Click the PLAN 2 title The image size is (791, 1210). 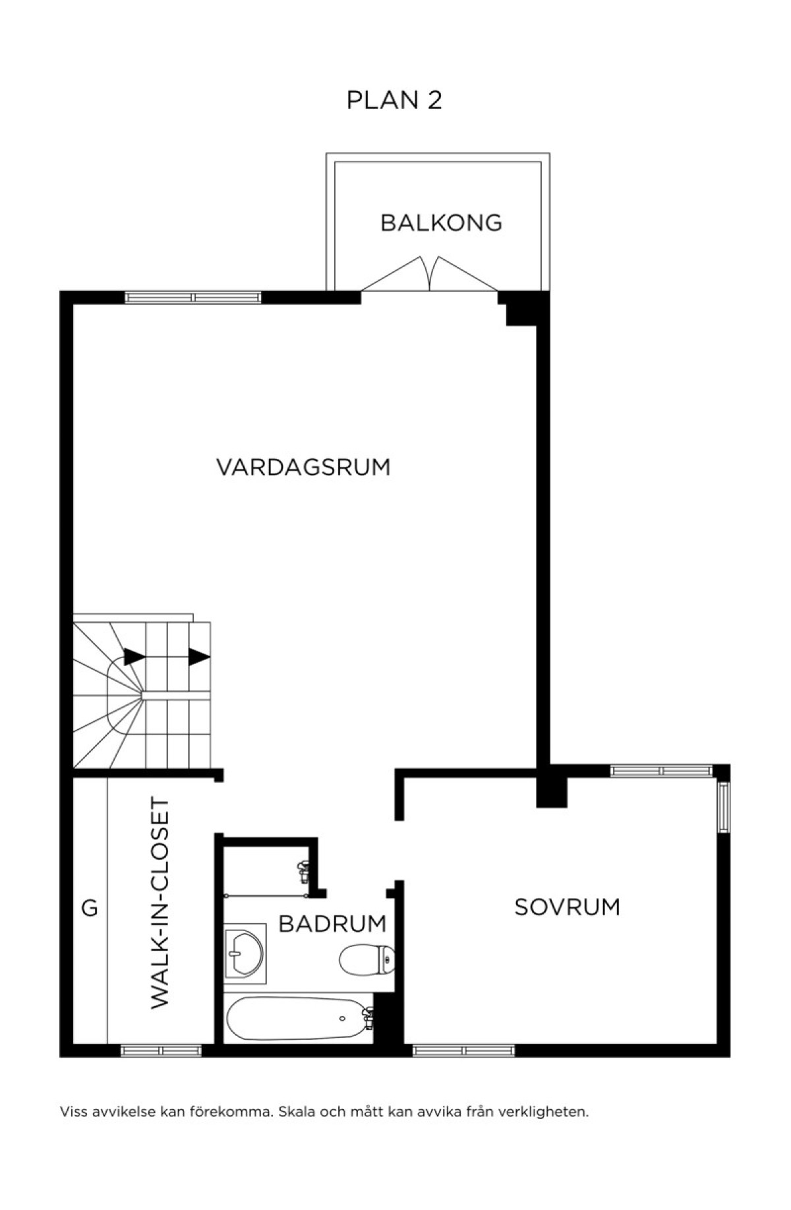pos(394,100)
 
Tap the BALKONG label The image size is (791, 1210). pos(441,223)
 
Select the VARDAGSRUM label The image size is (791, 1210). pos(303,467)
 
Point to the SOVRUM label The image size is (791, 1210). pos(567,907)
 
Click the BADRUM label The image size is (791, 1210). pos(332,924)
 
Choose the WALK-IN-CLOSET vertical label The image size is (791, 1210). pos(160,903)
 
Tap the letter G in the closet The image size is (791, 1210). pos(89,909)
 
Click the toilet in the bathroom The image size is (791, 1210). pos(367,959)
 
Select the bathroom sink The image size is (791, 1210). pos(245,953)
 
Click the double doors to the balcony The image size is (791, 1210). pos(429,274)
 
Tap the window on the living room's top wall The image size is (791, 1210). pos(193,297)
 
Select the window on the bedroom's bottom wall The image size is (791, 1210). pos(463,1050)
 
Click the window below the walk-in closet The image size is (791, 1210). pos(161,1050)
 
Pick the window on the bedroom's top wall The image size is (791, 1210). pos(662,770)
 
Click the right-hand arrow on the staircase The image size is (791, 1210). pos(199,657)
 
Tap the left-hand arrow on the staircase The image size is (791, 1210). pos(134,657)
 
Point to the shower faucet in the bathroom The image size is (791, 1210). pos(304,872)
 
